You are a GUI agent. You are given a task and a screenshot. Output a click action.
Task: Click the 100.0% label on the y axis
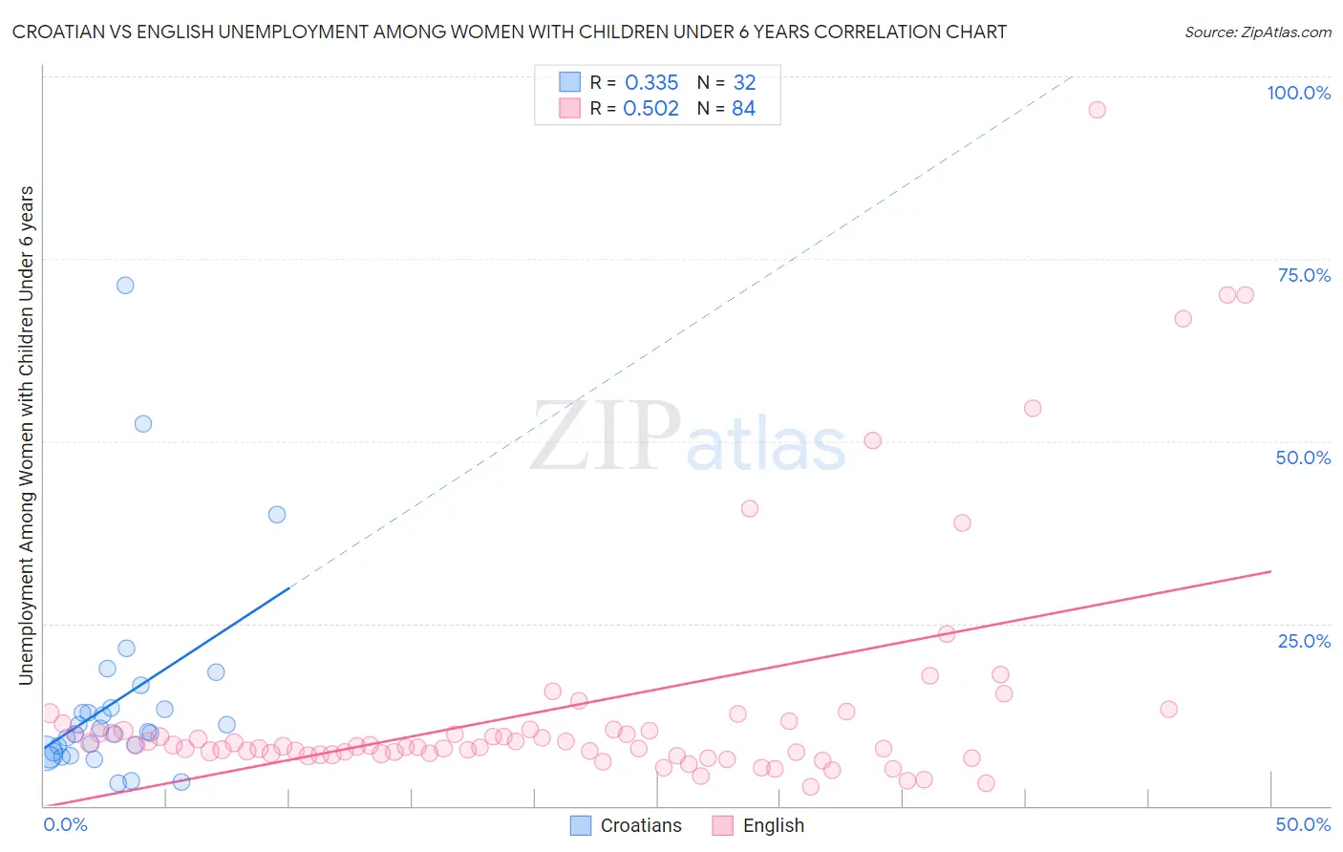(1298, 93)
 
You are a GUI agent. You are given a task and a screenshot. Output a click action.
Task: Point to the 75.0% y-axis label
(1304, 275)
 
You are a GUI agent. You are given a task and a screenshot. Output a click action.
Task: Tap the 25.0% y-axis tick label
(1304, 640)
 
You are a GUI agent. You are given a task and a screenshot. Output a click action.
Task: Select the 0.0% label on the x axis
(65, 824)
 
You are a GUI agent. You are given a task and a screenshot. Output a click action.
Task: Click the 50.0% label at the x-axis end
(1303, 824)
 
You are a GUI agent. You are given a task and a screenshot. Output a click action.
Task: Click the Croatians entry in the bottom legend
(640, 825)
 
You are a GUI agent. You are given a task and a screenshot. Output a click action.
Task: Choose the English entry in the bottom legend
(773, 825)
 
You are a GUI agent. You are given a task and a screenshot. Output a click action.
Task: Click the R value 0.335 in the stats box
(651, 83)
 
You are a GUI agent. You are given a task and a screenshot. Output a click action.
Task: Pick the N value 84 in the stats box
(743, 109)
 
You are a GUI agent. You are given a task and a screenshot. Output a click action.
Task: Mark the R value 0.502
(650, 109)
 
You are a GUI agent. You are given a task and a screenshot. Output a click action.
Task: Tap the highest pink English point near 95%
(1097, 110)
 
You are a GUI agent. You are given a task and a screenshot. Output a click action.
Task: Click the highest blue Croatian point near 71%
(125, 286)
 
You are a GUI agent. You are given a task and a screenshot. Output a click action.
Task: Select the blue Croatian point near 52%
(143, 424)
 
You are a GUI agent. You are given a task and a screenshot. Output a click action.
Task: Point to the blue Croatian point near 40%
(277, 515)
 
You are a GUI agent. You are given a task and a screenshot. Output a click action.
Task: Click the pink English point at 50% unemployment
(872, 440)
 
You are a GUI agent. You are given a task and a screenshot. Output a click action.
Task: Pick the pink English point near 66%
(1183, 319)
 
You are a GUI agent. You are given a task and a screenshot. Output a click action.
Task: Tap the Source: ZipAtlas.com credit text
(1257, 32)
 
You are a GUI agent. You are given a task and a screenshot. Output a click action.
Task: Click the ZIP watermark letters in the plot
(606, 437)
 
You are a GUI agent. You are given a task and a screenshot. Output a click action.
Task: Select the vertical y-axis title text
(26, 435)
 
